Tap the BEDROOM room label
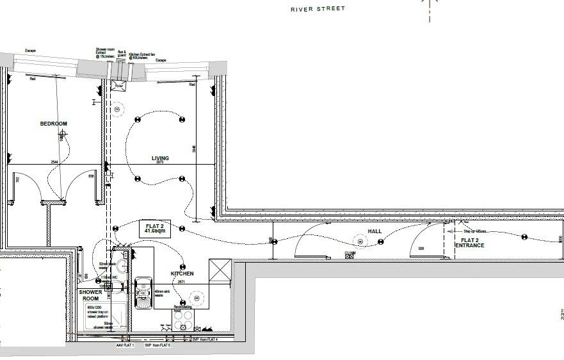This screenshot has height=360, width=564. [53, 124]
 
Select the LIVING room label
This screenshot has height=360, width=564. [160, 158]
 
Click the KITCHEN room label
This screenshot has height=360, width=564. [182, 274]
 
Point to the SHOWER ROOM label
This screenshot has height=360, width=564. [90, 295]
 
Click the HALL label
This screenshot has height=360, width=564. [375, 231]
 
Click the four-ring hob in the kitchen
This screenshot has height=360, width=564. [184, 319]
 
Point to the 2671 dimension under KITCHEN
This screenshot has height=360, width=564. [181, 281]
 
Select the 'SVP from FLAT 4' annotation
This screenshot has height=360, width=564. [205, 340]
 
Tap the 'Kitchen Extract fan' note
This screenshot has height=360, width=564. [142, 56]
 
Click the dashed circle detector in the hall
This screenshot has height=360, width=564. [360, 241]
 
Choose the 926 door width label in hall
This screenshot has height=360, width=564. [421, 248]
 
